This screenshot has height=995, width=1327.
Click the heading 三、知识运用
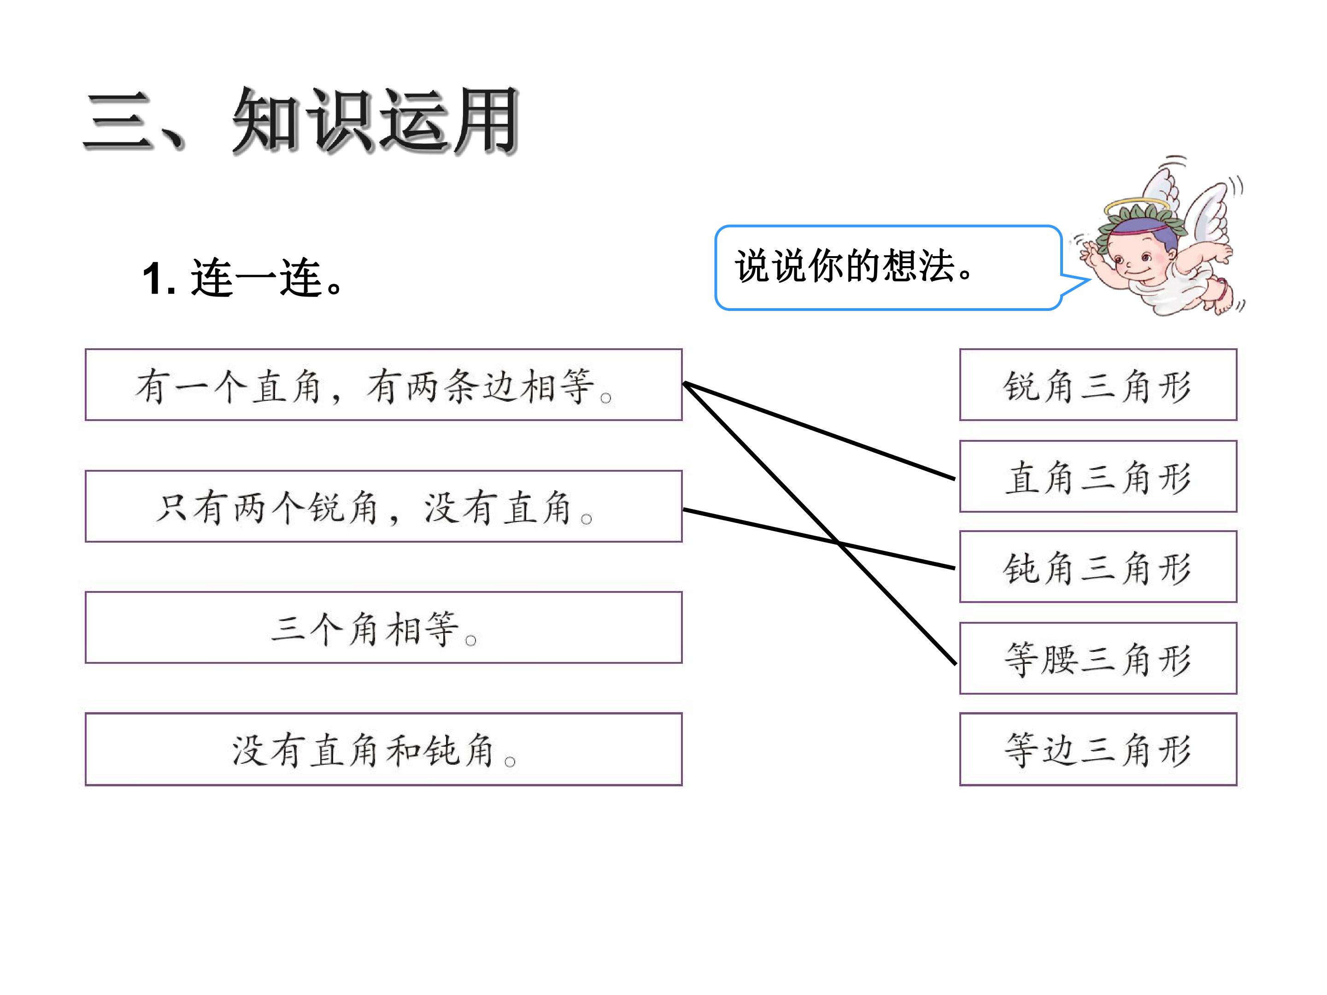[x=300, y=120]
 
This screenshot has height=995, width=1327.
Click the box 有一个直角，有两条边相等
[x=384, y=385]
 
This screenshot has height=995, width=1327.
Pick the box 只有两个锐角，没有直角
[x=384, y=506]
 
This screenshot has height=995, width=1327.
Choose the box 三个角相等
[x=384, y=627]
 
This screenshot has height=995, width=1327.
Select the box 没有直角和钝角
[x=384, y=749]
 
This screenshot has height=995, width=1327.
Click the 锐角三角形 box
[x=1098, y=385]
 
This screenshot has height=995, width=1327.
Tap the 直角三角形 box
[x=1098, y=476]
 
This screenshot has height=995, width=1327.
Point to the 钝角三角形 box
[x=1098, y=567]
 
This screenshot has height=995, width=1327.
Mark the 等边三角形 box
[x=1098, y=749]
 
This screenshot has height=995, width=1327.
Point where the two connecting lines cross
[x=839, y=542]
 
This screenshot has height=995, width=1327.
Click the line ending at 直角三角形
[x=820, y=431]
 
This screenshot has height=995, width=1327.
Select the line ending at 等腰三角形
[x=820, y=523]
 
